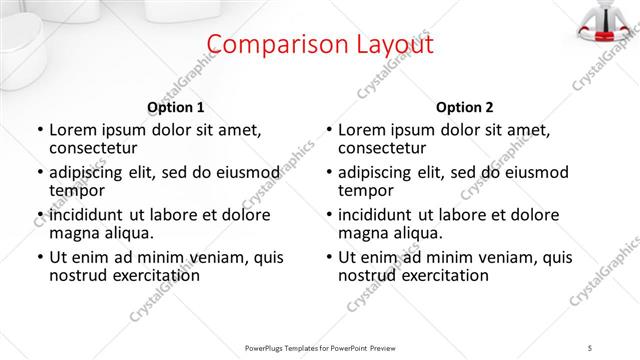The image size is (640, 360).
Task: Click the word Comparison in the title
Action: pos(269,45)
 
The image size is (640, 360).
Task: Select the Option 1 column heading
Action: pos(176,107)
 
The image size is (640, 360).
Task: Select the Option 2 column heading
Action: pos(465,107)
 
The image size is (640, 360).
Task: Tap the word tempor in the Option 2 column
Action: pos(365,190)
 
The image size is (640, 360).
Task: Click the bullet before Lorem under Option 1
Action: pos(39,130)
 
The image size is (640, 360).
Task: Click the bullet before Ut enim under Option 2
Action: pos(328,257)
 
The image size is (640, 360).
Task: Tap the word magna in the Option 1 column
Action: pos(74,233)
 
